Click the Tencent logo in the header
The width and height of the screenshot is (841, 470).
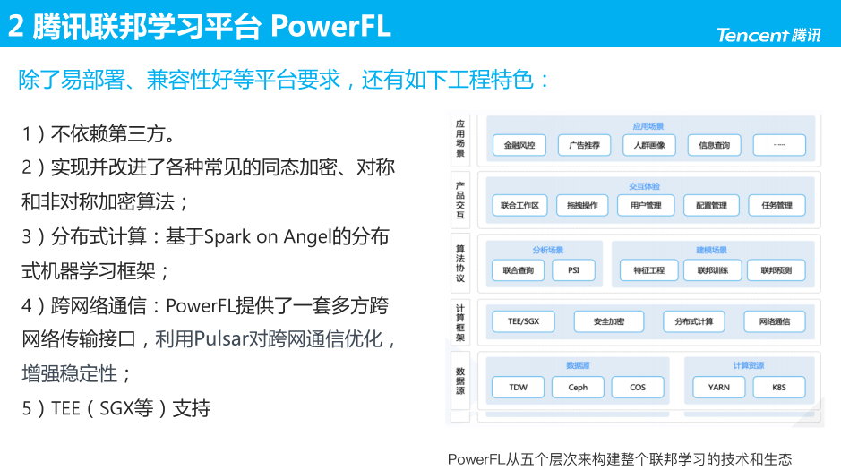(x=768, y=35)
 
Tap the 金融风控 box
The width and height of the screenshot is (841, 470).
(x=519, y=145)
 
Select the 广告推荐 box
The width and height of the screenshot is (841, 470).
(x=584, y=145)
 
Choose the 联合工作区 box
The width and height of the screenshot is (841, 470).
(x=519, y=206)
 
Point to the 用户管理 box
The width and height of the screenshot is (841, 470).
(x=647, y=206)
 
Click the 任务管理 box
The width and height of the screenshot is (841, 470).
(x=777, y=206)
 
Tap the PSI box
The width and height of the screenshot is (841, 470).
(x=573, y=270)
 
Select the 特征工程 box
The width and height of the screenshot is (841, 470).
(x=648, y=270)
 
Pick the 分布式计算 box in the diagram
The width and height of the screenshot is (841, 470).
(x=693, y=321)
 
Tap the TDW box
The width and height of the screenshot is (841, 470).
(x=519, y=388)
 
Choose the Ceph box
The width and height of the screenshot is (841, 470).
(x=578, y=388)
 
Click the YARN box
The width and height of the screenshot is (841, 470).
(x=718, y=388)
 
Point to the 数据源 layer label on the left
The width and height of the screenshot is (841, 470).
(x=460, y=381)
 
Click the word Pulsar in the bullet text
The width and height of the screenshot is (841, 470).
(x=221, y=339)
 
